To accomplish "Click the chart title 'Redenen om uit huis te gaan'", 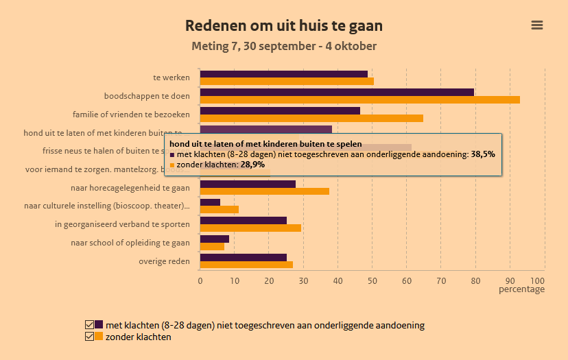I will click(284, 26).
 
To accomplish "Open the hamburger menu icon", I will click(537, 25).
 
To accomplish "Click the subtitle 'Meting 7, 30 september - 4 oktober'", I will click(284, 47).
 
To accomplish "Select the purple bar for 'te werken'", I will click(283, 74).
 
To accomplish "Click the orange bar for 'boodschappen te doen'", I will click(359, 99).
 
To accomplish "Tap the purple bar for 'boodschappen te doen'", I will click(337, 92).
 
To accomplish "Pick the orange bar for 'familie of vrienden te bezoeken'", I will click(311, 118).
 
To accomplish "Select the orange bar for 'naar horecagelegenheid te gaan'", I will click(264, 191).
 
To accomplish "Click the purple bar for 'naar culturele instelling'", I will click(210, 202).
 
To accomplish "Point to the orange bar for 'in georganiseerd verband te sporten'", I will click(250, 228).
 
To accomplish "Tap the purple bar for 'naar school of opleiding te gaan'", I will click(214, 239).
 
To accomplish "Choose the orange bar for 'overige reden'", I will click(246, 265).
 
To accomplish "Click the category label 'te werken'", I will click(171, 77).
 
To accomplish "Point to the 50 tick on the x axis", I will click(372, 280).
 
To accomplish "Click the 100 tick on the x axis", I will click(538, 280).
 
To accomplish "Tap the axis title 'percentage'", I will click(521, 289).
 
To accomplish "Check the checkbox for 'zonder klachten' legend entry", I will click(89, 337).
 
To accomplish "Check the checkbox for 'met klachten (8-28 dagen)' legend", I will click(89, 325).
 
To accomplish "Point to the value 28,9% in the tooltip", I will click(252, 165).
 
